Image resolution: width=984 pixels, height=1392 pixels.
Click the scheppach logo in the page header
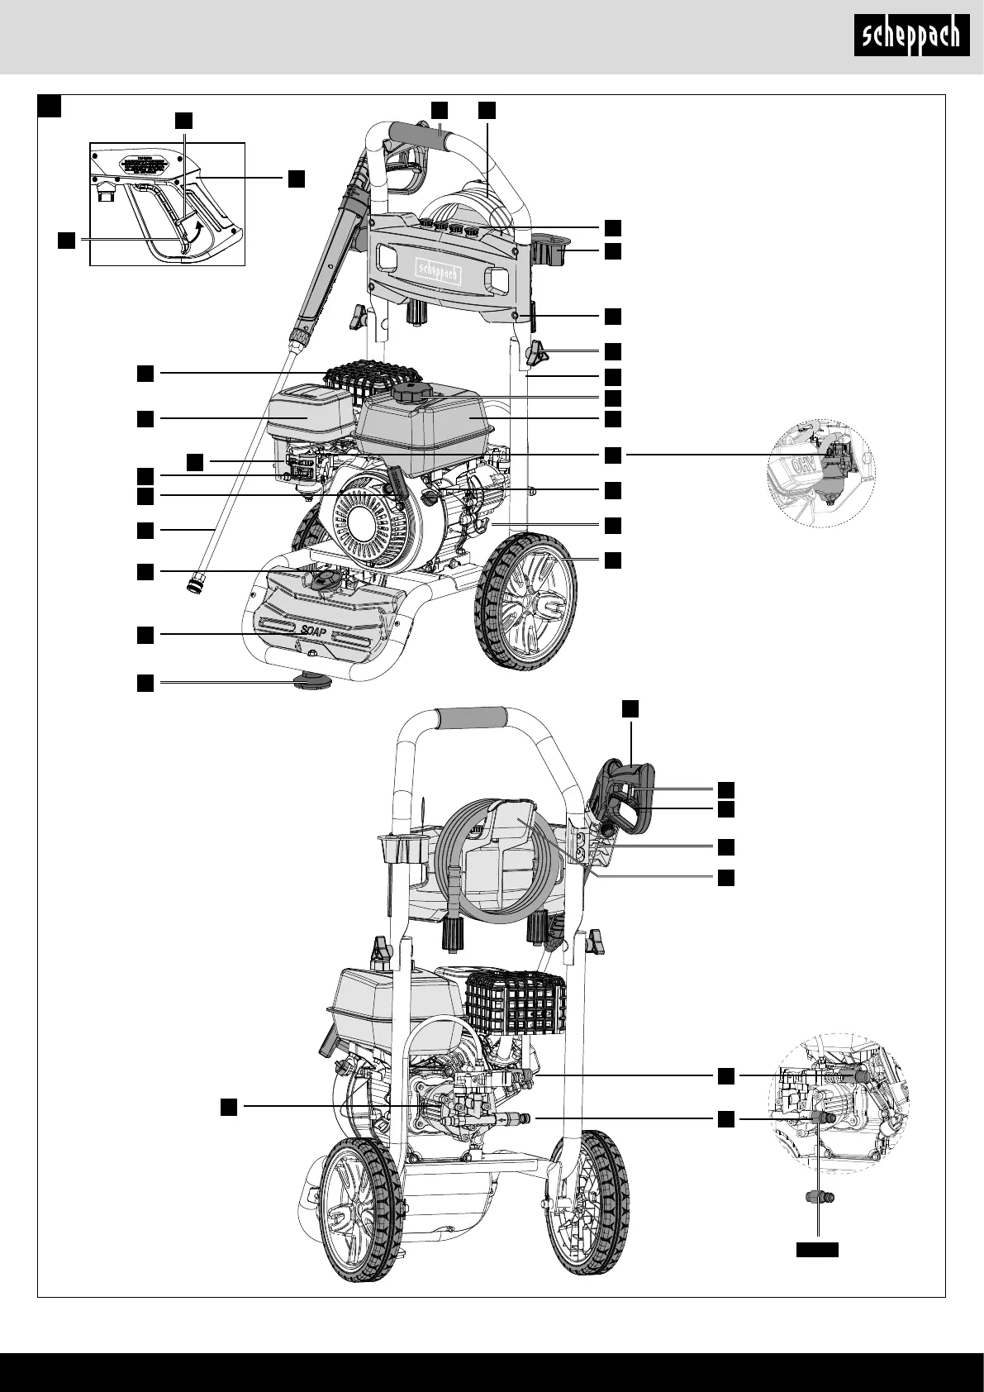coord(910,36)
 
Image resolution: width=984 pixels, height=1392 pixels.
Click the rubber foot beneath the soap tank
coord(311,679)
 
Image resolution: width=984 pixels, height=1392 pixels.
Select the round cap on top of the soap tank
coord(322,579)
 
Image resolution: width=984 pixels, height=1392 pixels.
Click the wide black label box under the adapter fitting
coord(817,1249)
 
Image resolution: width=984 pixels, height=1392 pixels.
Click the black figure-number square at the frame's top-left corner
coord(50,105)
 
